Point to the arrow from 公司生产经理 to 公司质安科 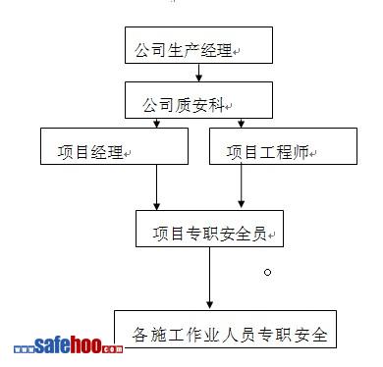[198, 73]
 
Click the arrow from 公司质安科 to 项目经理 [157, 123]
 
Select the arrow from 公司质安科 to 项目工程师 [242, 123]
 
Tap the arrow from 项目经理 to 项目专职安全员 [157, 187]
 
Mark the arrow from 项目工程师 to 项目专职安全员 [242, 185]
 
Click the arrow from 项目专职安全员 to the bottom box [210, 278]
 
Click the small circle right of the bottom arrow [267, 272]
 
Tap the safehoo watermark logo [69, 345]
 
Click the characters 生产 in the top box [184, 50]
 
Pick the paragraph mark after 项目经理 [128, 153]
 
